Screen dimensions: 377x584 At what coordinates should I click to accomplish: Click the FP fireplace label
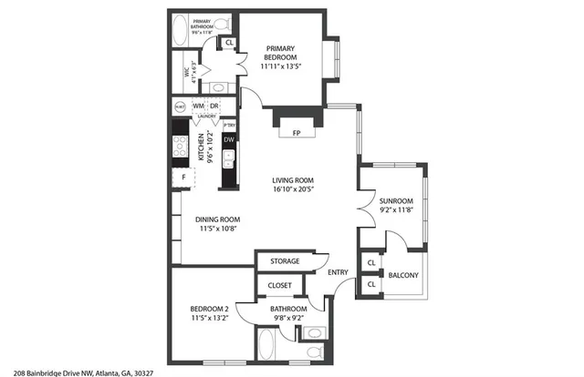[296, 132]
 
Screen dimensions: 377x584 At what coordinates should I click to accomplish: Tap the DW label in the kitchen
[229, 140]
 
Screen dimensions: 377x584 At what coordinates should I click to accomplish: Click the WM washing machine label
[197, 107]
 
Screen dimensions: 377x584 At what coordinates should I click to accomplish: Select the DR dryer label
[214, 107]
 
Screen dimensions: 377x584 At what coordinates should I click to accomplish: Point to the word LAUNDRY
[206, 117]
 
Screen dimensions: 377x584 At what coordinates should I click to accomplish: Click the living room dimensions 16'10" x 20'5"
[293, 191]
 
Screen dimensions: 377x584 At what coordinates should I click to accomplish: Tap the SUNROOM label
[396, 200]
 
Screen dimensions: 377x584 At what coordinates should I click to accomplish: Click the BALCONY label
[403, 275]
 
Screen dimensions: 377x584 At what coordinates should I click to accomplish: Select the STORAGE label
[285, 261]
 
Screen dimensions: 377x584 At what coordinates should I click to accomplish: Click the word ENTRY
[338, 271]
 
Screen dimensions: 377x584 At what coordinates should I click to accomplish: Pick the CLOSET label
[280, 286]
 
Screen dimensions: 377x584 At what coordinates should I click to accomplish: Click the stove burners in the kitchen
[181, 145]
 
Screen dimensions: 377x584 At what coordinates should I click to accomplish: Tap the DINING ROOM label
[217, 219]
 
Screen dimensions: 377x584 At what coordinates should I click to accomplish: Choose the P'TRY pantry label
[217, 126]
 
